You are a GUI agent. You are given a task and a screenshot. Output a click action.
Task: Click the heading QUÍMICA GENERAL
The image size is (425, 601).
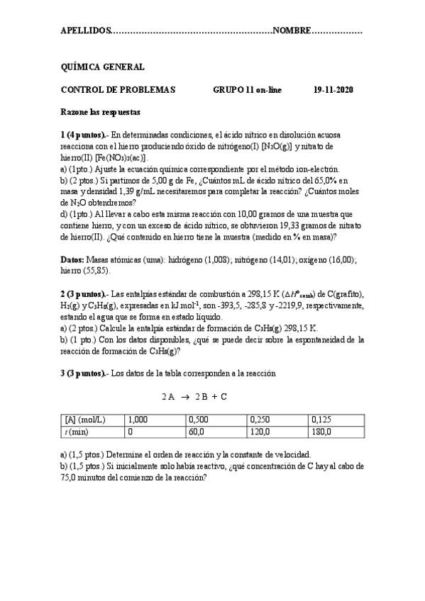point(103,67)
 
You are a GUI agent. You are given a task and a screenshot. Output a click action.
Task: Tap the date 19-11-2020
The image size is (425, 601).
point(333,90)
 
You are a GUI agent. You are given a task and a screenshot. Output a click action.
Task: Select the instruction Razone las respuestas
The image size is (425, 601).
point(101,112)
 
